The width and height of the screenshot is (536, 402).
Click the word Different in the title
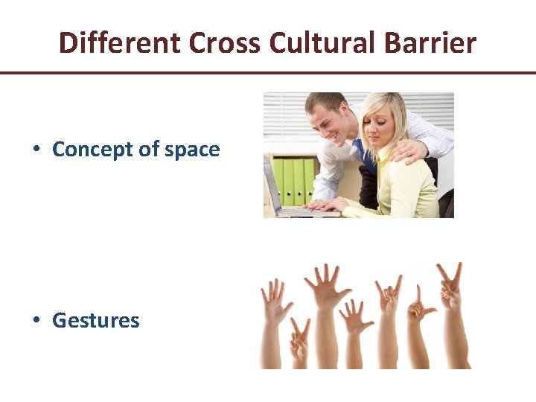[x=120, y=43]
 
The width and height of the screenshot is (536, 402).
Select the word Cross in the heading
[x=226, y=43]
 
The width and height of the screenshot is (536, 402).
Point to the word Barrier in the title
[x=430, y=43]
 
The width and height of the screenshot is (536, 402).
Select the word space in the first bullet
[x=192, y=150]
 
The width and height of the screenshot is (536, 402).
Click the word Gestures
[x=96, y=321]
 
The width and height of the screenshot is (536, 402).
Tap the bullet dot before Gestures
[x=36, y=321]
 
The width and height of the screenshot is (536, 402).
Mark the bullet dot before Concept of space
[x=36, y=149]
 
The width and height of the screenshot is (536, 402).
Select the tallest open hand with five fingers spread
[x=325, y=287]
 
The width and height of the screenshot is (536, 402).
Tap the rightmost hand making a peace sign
[x=449, y=287]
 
